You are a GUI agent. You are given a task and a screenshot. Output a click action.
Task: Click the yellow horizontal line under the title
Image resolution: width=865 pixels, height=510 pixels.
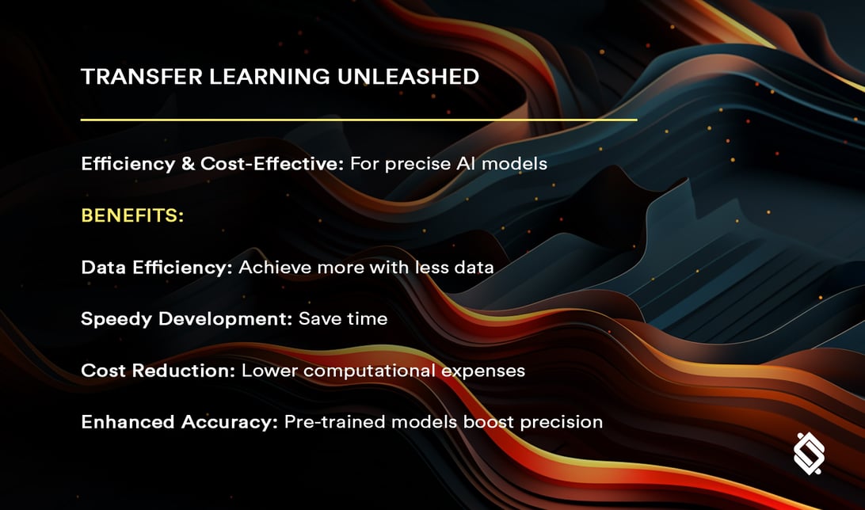[x=358, y=120]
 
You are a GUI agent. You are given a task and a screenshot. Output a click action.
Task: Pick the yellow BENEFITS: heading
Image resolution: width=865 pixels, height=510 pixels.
[x=132, y=215]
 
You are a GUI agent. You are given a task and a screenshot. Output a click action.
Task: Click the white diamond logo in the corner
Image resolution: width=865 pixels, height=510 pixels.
[x=809, y=454]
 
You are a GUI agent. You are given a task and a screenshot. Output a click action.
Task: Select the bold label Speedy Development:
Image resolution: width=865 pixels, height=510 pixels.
[x=187, y=318]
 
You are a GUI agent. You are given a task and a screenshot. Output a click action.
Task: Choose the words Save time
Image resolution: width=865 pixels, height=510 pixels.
[x=343, y=318]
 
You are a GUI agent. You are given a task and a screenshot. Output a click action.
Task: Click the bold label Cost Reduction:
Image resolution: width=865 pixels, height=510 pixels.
[x=158, y=370]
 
